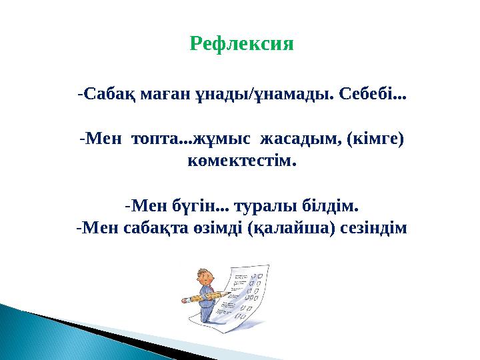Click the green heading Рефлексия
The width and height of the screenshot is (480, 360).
coord(241,45)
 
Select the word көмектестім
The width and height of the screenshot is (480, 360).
coord(241,162)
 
